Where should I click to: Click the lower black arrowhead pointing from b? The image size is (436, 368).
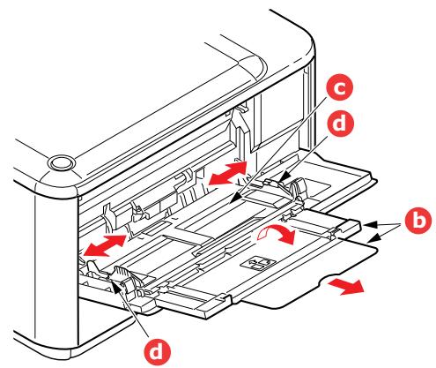(371, 239)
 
